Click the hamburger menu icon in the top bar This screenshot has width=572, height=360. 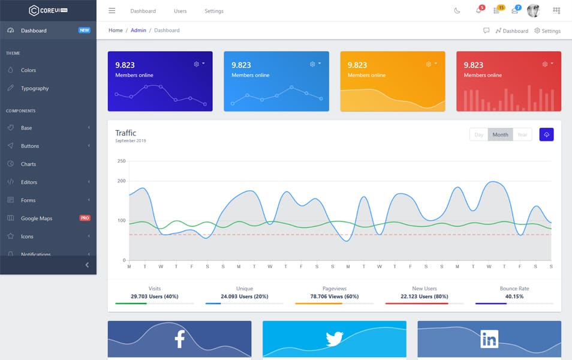112,11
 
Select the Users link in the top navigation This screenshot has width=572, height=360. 180,11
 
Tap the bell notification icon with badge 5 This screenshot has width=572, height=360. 478,11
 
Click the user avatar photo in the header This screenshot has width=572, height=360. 533,11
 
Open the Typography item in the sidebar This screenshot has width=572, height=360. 35,88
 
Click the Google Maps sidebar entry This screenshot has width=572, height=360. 37,218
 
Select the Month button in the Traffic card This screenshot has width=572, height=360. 500,134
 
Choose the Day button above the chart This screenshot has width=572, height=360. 478,134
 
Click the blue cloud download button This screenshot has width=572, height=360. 546,134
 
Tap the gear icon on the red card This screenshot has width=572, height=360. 545,64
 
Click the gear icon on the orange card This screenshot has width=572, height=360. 429,64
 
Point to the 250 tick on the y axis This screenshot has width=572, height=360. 122,161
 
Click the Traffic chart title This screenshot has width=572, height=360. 126,133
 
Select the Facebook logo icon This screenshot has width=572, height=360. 179,339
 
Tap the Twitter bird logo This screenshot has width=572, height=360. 334,340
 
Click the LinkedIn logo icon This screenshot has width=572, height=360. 489,340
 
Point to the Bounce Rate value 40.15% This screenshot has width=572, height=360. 514,296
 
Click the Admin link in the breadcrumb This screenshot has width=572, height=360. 139,30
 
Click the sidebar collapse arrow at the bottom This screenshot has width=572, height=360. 87,265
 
